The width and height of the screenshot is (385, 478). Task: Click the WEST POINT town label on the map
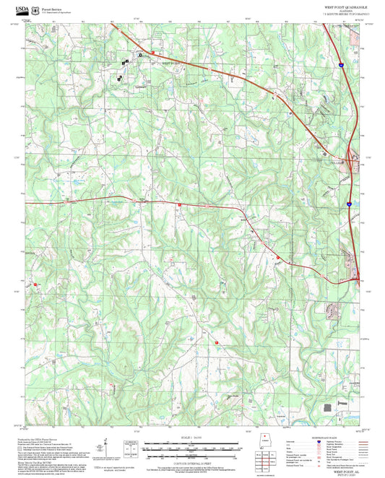point(170,64)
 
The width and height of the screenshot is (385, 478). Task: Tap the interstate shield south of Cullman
point(348,204)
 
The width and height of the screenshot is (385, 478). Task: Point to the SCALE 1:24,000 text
point(192,438)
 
